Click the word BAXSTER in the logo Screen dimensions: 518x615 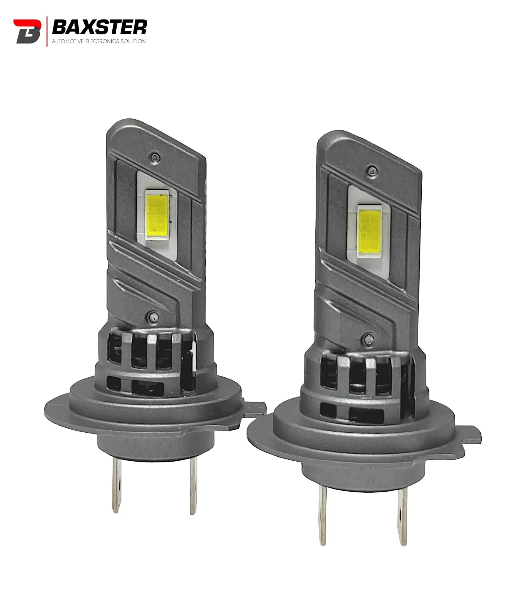[x=99, y=27]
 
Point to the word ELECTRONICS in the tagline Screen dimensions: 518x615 [x=102, y=41]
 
